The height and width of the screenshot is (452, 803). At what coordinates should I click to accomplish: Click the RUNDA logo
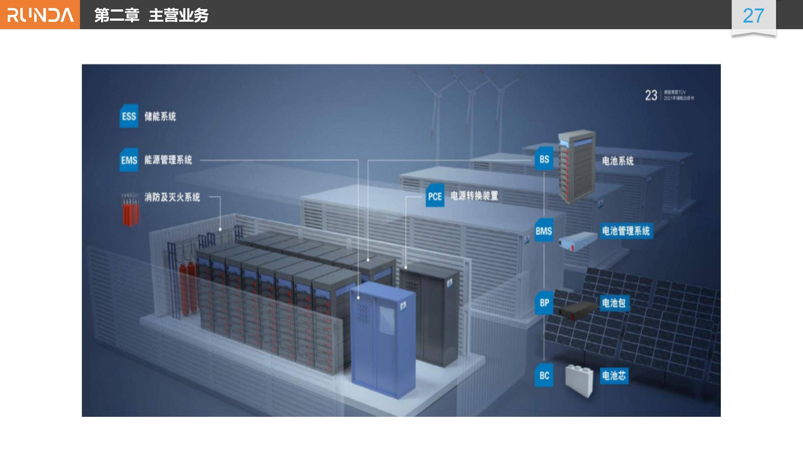[40, 15]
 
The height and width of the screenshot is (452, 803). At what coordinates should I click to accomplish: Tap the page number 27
[753, 16]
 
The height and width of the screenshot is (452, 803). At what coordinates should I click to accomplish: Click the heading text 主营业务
[178, 15]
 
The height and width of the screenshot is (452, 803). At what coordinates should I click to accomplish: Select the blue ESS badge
[129, 116]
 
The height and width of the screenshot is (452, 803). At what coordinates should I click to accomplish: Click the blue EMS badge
[129, 160]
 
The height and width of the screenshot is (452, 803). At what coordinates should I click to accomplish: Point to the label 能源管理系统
[168, 160]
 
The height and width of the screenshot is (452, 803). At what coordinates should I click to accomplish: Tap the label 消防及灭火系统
[172, 197]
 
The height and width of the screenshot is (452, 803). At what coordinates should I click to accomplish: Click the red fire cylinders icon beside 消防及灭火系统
[130, 210]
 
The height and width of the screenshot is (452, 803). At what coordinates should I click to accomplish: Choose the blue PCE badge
[435, 196]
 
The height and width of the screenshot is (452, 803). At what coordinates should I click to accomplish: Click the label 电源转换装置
[474, 196]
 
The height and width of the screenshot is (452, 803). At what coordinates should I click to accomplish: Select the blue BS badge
[544, 159]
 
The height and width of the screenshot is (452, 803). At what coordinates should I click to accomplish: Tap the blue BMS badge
[544, 231]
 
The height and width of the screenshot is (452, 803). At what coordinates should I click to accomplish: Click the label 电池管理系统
[626, 231]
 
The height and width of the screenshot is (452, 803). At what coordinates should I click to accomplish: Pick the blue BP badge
[544, 303]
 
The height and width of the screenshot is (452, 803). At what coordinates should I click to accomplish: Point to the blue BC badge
[544, 375]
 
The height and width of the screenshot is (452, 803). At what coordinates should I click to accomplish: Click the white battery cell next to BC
[579, 381]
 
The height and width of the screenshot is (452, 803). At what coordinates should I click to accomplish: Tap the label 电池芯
[614, 375]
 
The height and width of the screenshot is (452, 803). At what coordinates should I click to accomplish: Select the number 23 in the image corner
[651, 95]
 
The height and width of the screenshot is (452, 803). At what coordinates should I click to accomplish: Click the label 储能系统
[160, 116]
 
